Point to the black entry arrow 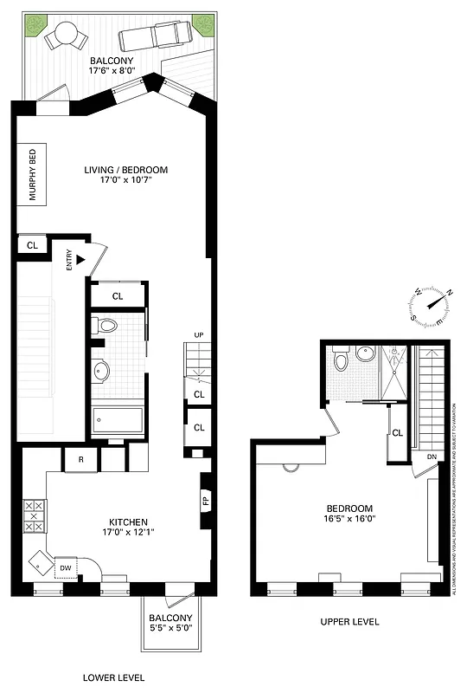pyautogui.click(x=80, y=258)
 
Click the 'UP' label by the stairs pyautogui.click(x=198, y=335)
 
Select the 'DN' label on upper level pyautogui.click(x=432, y=457)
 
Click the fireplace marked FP pyautogui.click(x=205, y=501)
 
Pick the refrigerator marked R pyautogui.click(x=80, y=458)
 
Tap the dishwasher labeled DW pyautogui.click(x=65, y=567)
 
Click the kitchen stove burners pyautogui.click(x=35, y=516)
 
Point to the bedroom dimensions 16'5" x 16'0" pyautogui.click(x=349, y=520)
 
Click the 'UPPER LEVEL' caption pyautogui.click(x=349, y=622)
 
